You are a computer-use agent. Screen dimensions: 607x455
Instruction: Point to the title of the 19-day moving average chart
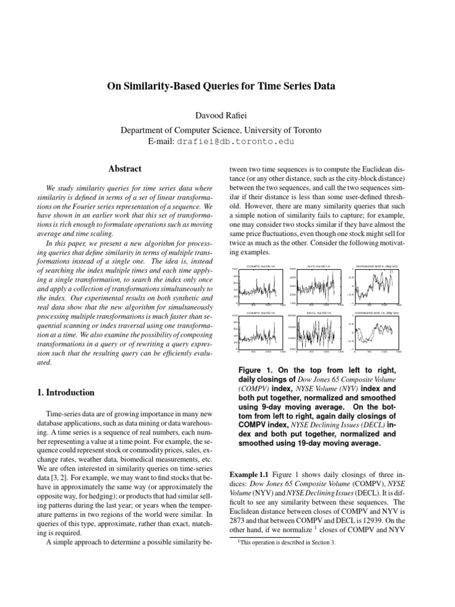point(376,312)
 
